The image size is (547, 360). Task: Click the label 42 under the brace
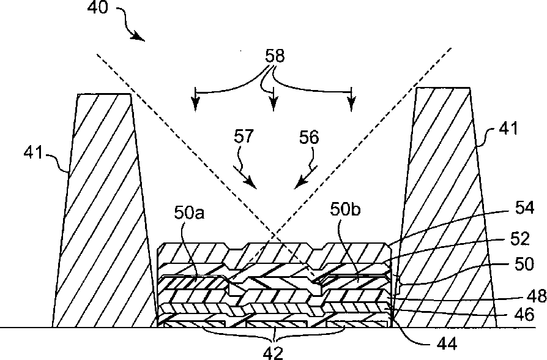pyautogui.click(x=278, y=351)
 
